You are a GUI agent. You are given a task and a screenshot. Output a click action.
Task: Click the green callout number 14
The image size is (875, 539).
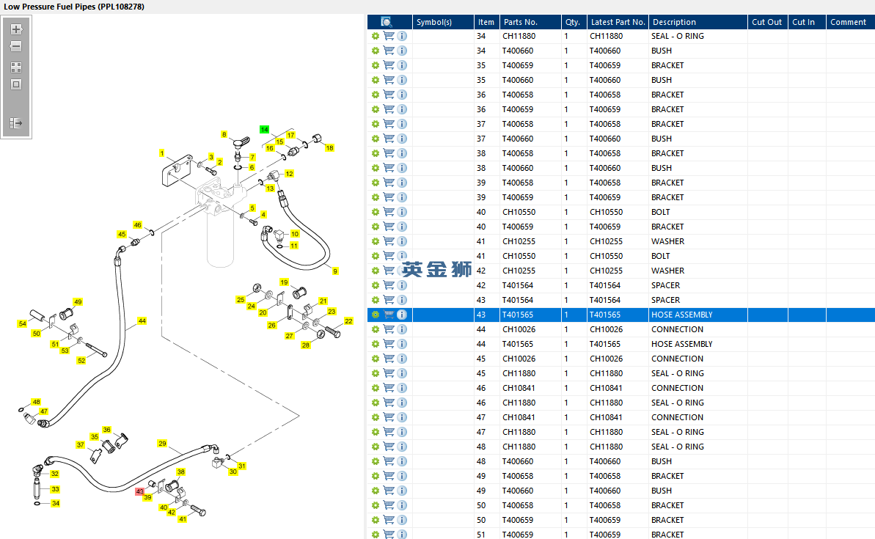[265, 130]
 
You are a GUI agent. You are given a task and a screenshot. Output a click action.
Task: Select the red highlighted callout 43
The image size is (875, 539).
[139, 491]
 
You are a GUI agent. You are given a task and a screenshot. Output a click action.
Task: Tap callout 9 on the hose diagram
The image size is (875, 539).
[335, 271]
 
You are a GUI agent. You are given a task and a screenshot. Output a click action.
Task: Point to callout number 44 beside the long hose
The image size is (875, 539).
[142, 321]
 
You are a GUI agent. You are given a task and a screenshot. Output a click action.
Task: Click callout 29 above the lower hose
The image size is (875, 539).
[162, 444]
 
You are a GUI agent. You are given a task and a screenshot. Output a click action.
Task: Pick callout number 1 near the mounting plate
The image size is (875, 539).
[162, 153]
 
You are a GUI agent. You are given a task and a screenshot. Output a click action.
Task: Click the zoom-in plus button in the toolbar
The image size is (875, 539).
[16, 29]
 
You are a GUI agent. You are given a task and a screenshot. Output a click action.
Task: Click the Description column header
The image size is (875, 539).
[674, 22]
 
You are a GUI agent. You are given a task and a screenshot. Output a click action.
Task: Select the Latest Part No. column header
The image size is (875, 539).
[618, 22]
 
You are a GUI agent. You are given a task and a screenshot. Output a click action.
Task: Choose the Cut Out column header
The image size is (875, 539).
[766, 22]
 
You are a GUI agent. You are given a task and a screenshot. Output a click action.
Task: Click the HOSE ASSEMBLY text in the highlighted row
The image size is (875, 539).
[682, 315]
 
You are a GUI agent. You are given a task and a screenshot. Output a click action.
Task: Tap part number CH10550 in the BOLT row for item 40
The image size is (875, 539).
[519, 212]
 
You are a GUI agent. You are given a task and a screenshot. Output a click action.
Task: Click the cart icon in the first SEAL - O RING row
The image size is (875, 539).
[389, 36]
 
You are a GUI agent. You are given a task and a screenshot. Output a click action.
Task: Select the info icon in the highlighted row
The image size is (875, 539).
[402, 315]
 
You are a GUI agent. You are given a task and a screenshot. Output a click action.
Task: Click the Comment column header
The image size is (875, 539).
[848, 22]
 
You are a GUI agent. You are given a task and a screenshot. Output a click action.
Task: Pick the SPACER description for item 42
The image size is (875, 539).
[666, 285]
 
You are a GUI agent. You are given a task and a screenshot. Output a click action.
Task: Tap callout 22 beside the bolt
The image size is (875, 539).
[349, 321]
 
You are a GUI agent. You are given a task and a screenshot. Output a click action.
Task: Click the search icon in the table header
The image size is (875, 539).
[387, 22]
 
